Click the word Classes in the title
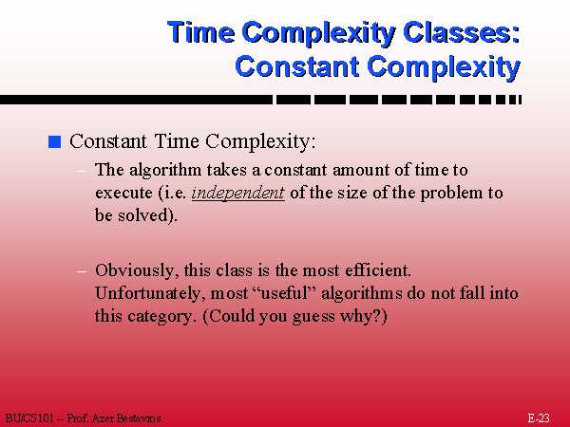coord(462,32)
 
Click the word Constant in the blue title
coord(297,66)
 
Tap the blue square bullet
coord(54,141)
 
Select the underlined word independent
coord(238,193)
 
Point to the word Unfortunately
coord(148,293)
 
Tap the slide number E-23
coord(539,418)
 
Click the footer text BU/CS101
coord(29,418)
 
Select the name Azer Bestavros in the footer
coord(126,418)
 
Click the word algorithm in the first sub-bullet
coord(165,170)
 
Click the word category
coord(160,316)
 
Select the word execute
coord(123,193)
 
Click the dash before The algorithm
coord(82,171)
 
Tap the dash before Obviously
coord(82,271)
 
